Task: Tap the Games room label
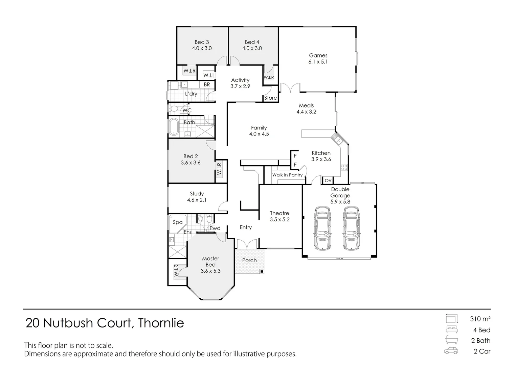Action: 318,55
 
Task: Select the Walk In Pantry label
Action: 287,175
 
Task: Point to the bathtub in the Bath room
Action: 174,127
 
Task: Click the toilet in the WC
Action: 174,109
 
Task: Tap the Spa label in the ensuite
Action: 178,222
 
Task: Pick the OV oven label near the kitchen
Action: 328,181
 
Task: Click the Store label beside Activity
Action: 270,98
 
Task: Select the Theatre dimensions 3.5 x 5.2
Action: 279,219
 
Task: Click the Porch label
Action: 249,260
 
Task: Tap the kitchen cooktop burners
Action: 344,167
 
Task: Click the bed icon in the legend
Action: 452,330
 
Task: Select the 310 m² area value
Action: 480,319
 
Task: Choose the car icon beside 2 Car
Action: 451,351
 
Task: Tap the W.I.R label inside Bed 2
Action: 219,169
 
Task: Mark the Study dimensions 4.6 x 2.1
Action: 197,200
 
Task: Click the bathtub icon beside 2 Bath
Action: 452,340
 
